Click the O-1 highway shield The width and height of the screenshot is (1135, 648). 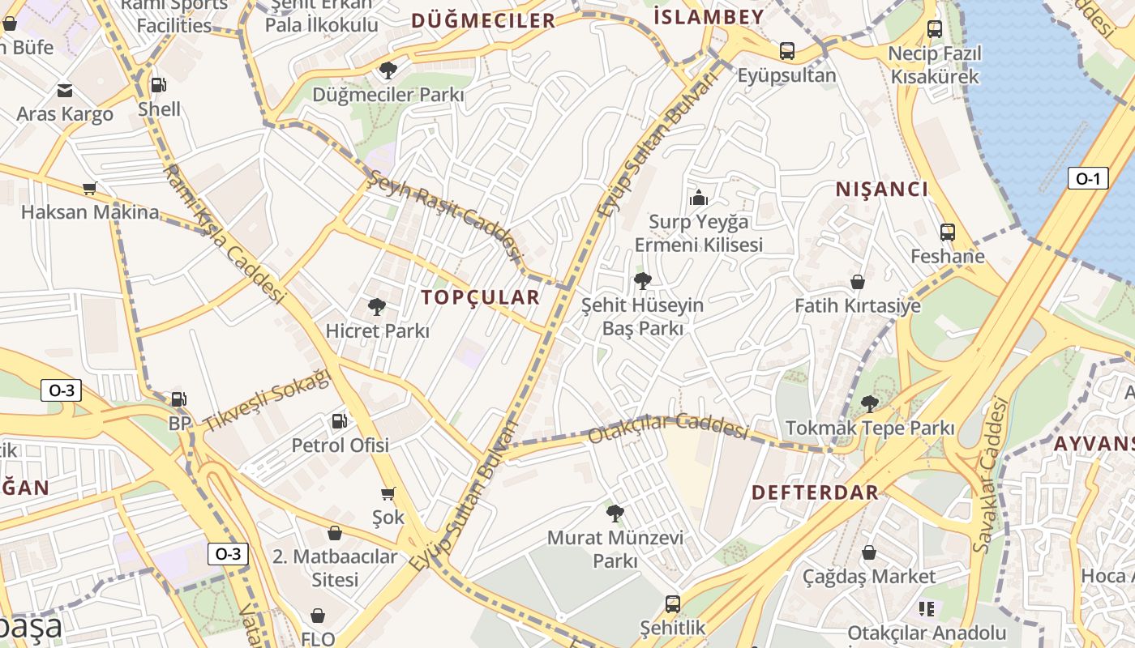point(1087,178)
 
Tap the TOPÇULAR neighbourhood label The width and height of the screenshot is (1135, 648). point(480,297)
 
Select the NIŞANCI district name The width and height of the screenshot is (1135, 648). point(882,190)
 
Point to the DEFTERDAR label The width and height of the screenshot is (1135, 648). point(815,492)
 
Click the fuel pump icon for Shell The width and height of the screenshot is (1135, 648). point(159,84)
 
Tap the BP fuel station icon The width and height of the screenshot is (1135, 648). point(179,399)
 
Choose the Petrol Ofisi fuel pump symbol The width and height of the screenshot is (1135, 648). point(340,420)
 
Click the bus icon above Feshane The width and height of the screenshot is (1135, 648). point(947,232)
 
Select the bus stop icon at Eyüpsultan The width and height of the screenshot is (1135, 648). point(786,51)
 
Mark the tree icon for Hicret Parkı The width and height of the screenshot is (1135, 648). point(376,307)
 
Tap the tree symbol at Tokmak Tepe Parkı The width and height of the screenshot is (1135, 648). point(869,403)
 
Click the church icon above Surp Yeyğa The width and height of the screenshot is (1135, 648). point(698,197)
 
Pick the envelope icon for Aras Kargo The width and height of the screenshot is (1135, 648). point(65,90)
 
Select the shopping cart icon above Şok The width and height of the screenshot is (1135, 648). point(388,493)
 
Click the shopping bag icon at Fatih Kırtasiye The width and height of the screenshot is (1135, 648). point(857,282)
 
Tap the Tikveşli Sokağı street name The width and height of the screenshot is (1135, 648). point(268,401)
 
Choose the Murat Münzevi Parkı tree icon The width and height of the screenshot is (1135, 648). point(615,513)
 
